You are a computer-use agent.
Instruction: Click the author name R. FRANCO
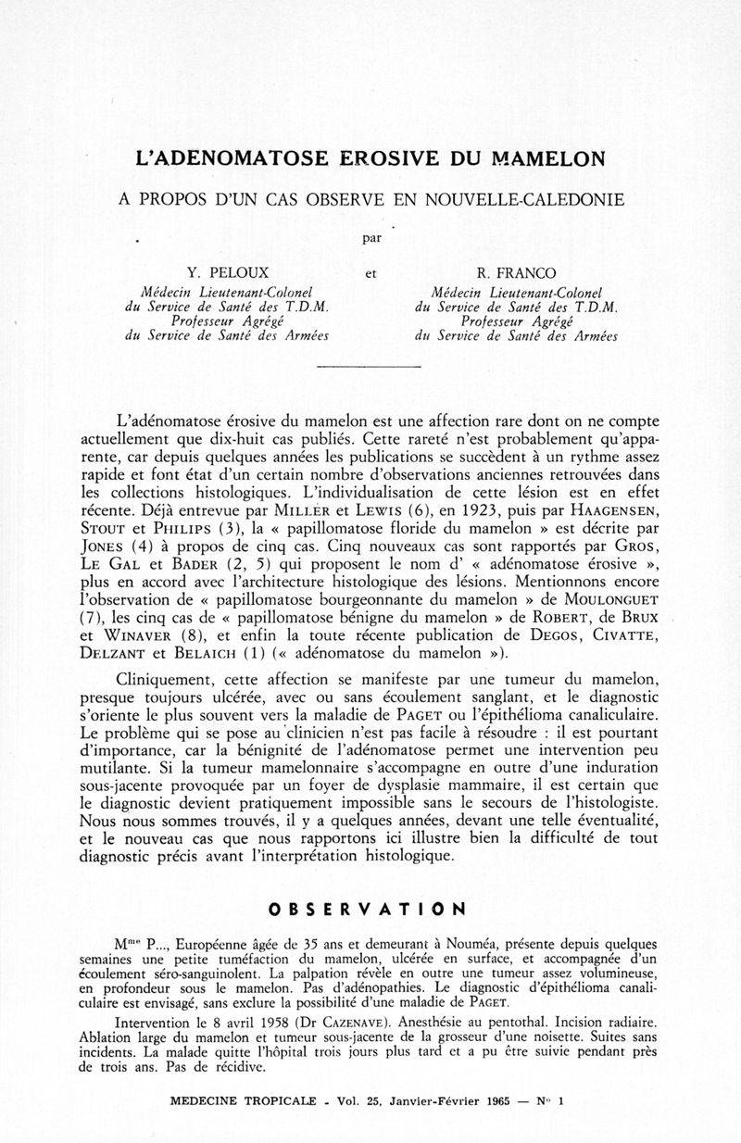(517, 272)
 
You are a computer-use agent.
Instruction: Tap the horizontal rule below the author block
(369, 369)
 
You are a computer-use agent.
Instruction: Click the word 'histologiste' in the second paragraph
(579, 799)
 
